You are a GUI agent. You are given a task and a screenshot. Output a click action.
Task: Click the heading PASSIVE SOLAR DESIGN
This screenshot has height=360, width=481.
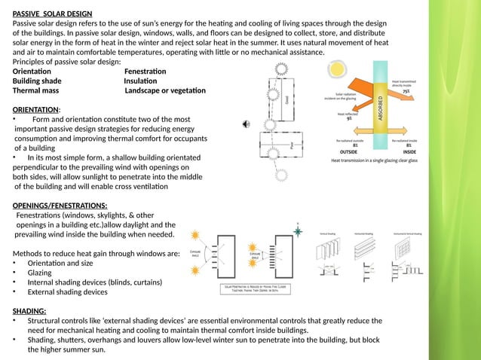(x=53, y=14)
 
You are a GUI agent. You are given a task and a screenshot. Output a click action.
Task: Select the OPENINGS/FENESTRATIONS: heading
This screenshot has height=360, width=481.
(x=60, y=205)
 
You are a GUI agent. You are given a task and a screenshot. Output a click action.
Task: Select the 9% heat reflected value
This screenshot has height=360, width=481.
(x=349, y=117)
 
